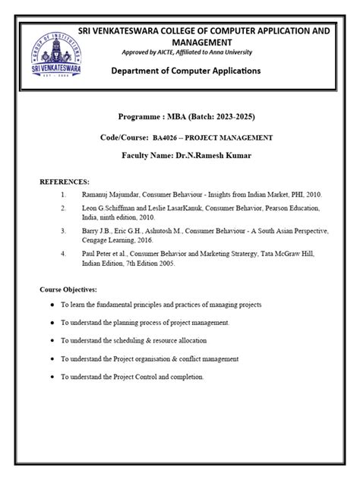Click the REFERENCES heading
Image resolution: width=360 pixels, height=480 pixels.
coord(65,183)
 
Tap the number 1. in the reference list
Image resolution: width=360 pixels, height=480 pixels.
coord(64,194)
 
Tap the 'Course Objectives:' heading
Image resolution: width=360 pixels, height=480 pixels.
coord(68,290)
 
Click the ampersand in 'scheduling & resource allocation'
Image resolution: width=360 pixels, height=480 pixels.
coord(163,340)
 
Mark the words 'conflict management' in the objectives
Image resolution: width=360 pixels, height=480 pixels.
coord(209,358)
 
